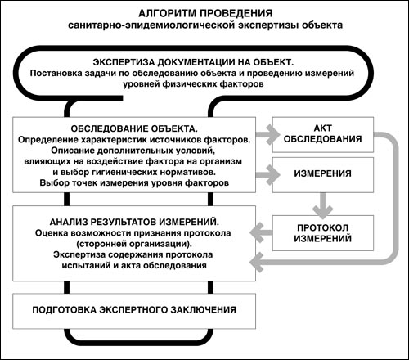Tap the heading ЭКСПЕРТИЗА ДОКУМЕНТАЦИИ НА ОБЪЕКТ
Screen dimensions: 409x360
tap(193, 62)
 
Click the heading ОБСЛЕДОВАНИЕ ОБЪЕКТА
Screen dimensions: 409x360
tap(134, 128)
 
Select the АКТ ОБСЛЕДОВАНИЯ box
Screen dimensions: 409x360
tap(323, 134)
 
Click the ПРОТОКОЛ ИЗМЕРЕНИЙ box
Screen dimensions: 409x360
tap(323, 233)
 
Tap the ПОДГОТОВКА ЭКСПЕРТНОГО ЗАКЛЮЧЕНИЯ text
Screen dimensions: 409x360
tap(134, 310)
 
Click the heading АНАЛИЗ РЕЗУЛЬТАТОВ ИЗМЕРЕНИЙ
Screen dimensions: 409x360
tap(134, 223)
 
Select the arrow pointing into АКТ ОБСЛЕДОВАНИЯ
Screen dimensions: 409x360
tap(267, 134)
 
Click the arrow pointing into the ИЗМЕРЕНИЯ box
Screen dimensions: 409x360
tap(267, 175)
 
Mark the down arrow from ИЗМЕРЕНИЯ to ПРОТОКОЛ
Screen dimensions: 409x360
tap(323, 205)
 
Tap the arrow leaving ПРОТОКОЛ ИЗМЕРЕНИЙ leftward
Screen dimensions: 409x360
tap(261, 232)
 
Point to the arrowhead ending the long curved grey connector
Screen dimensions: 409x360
tap(256, 263)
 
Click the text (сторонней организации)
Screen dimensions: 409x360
tap(134, 244)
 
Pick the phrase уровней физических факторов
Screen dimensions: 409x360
tap(193, 84)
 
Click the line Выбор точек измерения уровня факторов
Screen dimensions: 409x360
tap(134, 182)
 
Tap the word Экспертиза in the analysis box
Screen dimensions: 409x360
tap(79, 254)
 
